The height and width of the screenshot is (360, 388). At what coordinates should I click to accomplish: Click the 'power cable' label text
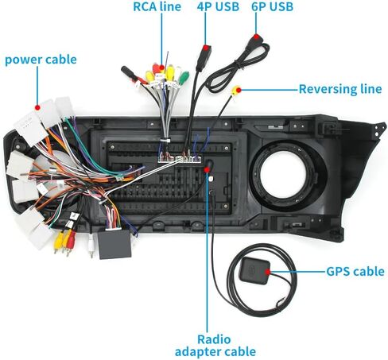click(x=41, y=60)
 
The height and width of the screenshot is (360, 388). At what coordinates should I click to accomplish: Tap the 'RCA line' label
click(x=157, y=6)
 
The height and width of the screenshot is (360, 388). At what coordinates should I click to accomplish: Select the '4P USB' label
click(x=218, y=6)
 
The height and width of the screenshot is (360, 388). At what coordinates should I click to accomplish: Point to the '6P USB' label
click(x=272, y=6)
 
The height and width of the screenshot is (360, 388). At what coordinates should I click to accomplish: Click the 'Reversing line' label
click(x=340, y=89)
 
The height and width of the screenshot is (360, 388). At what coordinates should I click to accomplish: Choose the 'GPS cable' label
click(x=355, y=272)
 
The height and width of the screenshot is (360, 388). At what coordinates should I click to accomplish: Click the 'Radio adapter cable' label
click(x=215, y=346)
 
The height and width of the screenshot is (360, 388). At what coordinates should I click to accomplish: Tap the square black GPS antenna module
click(x=254, y=271)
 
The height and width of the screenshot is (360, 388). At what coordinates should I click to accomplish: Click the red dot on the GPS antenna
click(x=268, y=272)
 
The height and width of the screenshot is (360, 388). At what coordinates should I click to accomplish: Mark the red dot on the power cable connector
click(x=37, y=107)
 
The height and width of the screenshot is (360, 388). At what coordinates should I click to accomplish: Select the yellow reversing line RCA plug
click(x=235, y=91)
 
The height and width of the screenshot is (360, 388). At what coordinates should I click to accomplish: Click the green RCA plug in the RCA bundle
click(x=184, y=78)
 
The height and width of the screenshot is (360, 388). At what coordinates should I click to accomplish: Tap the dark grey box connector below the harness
click(x=114, y=244)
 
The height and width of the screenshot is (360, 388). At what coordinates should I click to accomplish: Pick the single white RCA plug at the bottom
click(x=91, y=245)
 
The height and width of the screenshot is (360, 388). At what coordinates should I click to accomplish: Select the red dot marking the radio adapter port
click(x=207, y=169)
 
